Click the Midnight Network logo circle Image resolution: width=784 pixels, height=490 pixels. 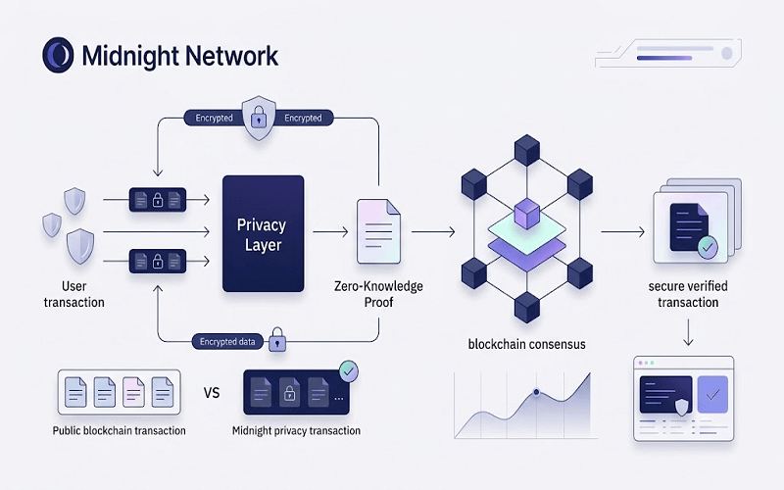click(x=58, y=55)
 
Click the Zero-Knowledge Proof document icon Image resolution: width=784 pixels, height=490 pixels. click(x=378, y=232)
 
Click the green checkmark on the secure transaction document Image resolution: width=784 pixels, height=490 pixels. click(x=706, y=248)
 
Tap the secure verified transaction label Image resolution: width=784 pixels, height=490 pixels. click(x=687, y=294)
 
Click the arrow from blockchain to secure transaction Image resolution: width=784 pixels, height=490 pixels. click(x=620, y=232)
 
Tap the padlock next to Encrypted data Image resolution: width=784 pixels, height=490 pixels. click(x=277, y=341)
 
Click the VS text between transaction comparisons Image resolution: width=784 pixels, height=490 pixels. click(x=211, y=393)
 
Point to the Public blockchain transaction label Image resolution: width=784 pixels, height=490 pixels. click(x=120, y=431)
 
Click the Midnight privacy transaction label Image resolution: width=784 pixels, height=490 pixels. click(x=296, y=431)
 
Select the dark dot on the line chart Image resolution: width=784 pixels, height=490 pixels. click(x=536, y=393)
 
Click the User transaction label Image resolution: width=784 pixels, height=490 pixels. click(x=73, y=294)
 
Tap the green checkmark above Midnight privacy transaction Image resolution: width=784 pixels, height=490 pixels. click(x=347, y=371)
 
